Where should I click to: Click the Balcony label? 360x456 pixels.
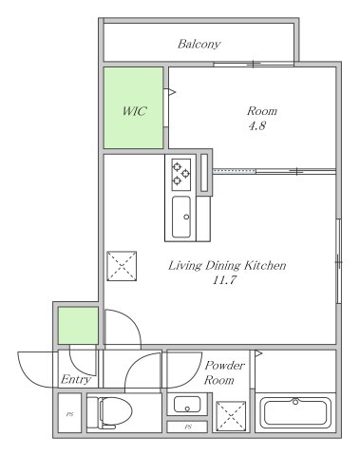[x=199, y=44]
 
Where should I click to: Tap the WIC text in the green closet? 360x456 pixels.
[x=134, y=111]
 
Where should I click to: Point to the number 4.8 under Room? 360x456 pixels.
[x=256, y=126]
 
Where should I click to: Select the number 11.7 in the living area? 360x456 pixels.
[x=224, y=280]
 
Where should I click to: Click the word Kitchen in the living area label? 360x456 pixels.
[x=264, y=265]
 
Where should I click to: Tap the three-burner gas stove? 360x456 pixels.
[x=181, y=175]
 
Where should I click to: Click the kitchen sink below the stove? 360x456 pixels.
[x=181, y=217]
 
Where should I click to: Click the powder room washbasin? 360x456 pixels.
[x=187, y=404]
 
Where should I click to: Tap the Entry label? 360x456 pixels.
[x=76, y=379]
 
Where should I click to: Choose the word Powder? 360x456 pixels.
[x=224, y=366]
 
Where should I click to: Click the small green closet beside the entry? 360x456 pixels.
[x=78, y=326]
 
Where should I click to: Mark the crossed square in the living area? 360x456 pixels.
[x=122, y=266]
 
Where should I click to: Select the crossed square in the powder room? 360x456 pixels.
[x=231, y=416]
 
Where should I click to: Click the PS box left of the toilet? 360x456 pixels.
[x=69, y=413]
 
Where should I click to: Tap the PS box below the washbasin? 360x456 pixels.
[x=187, y=427]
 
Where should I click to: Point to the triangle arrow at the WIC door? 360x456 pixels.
[x=172, y=92]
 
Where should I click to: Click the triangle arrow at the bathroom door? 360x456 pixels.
[x=258, y=353]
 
